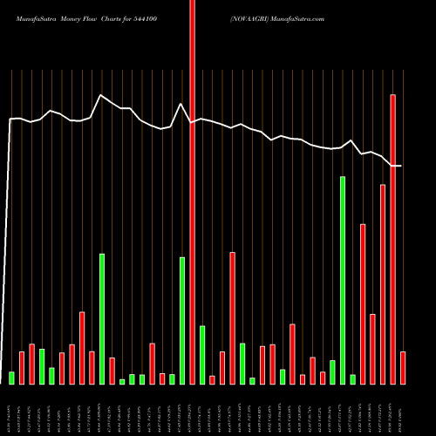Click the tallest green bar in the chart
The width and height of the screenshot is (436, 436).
(x=343, y=280)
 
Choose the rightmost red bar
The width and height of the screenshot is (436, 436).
(x=403, y=367)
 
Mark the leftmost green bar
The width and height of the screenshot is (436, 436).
(x=11, y=378)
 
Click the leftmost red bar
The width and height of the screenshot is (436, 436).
(x=22, y=367)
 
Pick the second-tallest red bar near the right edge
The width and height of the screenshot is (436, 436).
(x=383, y=283)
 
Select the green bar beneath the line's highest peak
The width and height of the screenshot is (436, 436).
(x=102, y=318)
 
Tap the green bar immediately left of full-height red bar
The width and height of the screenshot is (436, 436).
(x=182, y=320)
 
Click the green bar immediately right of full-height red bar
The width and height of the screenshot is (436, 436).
(x=202, y=355)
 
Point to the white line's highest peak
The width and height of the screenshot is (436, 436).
(x=101, y=95)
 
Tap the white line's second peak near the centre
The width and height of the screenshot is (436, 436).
(x=181, y=105)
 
